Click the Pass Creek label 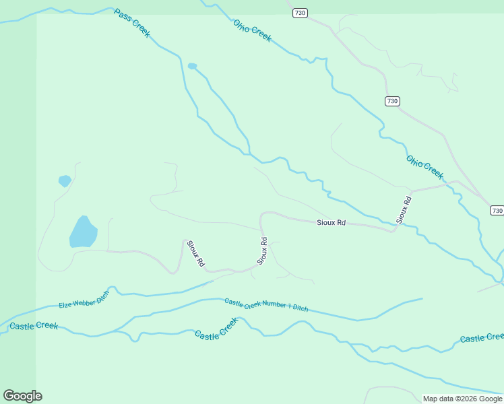click(x=132, y=24)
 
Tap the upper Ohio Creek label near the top click(x=252, y=30)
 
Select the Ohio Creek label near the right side click(x=425, y=168)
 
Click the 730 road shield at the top click(x=301, y=13)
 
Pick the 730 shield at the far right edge click(x=497, y=211)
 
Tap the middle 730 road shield click(x=393, y=101)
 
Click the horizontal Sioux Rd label click(x=331, y=222)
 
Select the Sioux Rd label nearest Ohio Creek click(x=404, y=209)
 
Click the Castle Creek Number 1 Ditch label click(x=266, y=305)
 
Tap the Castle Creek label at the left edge click(x=34, y=326)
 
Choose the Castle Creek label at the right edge click(x=481, y=337)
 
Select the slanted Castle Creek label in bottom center click(x=216, y=329)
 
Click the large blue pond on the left click(x=83, y=232)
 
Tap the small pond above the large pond click(x=65, y=180)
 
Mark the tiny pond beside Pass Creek click(x=192, y=66)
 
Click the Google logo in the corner click(x=22, y=396)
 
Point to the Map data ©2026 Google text click(x=462, y=399)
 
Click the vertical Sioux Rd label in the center click(x=263, y=250)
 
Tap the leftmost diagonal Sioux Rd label click(x=195, y=255)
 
